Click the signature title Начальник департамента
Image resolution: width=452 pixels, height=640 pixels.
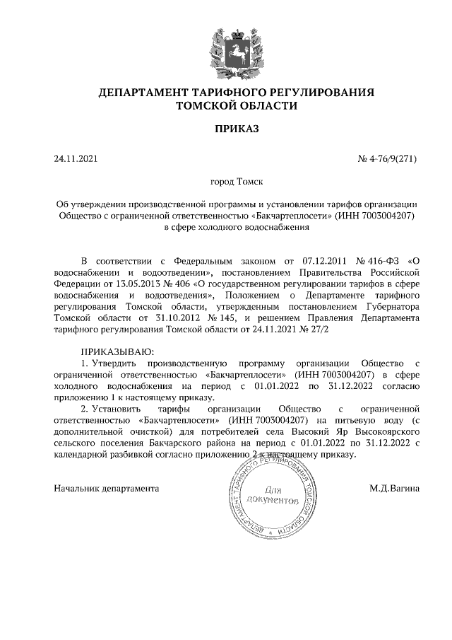point(107,488)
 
